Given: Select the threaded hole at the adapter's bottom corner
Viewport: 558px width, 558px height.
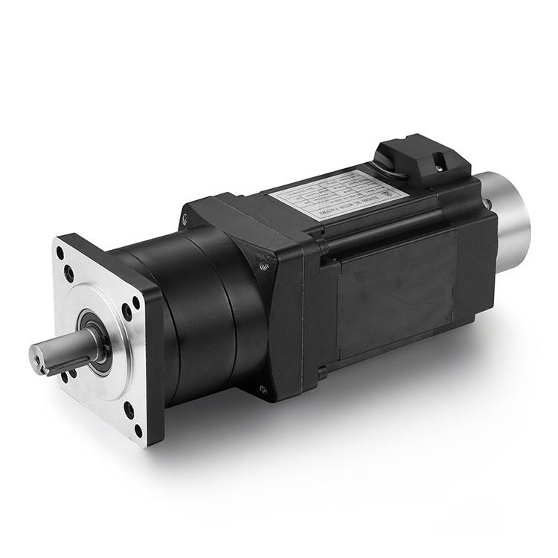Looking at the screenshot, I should point(263,389).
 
